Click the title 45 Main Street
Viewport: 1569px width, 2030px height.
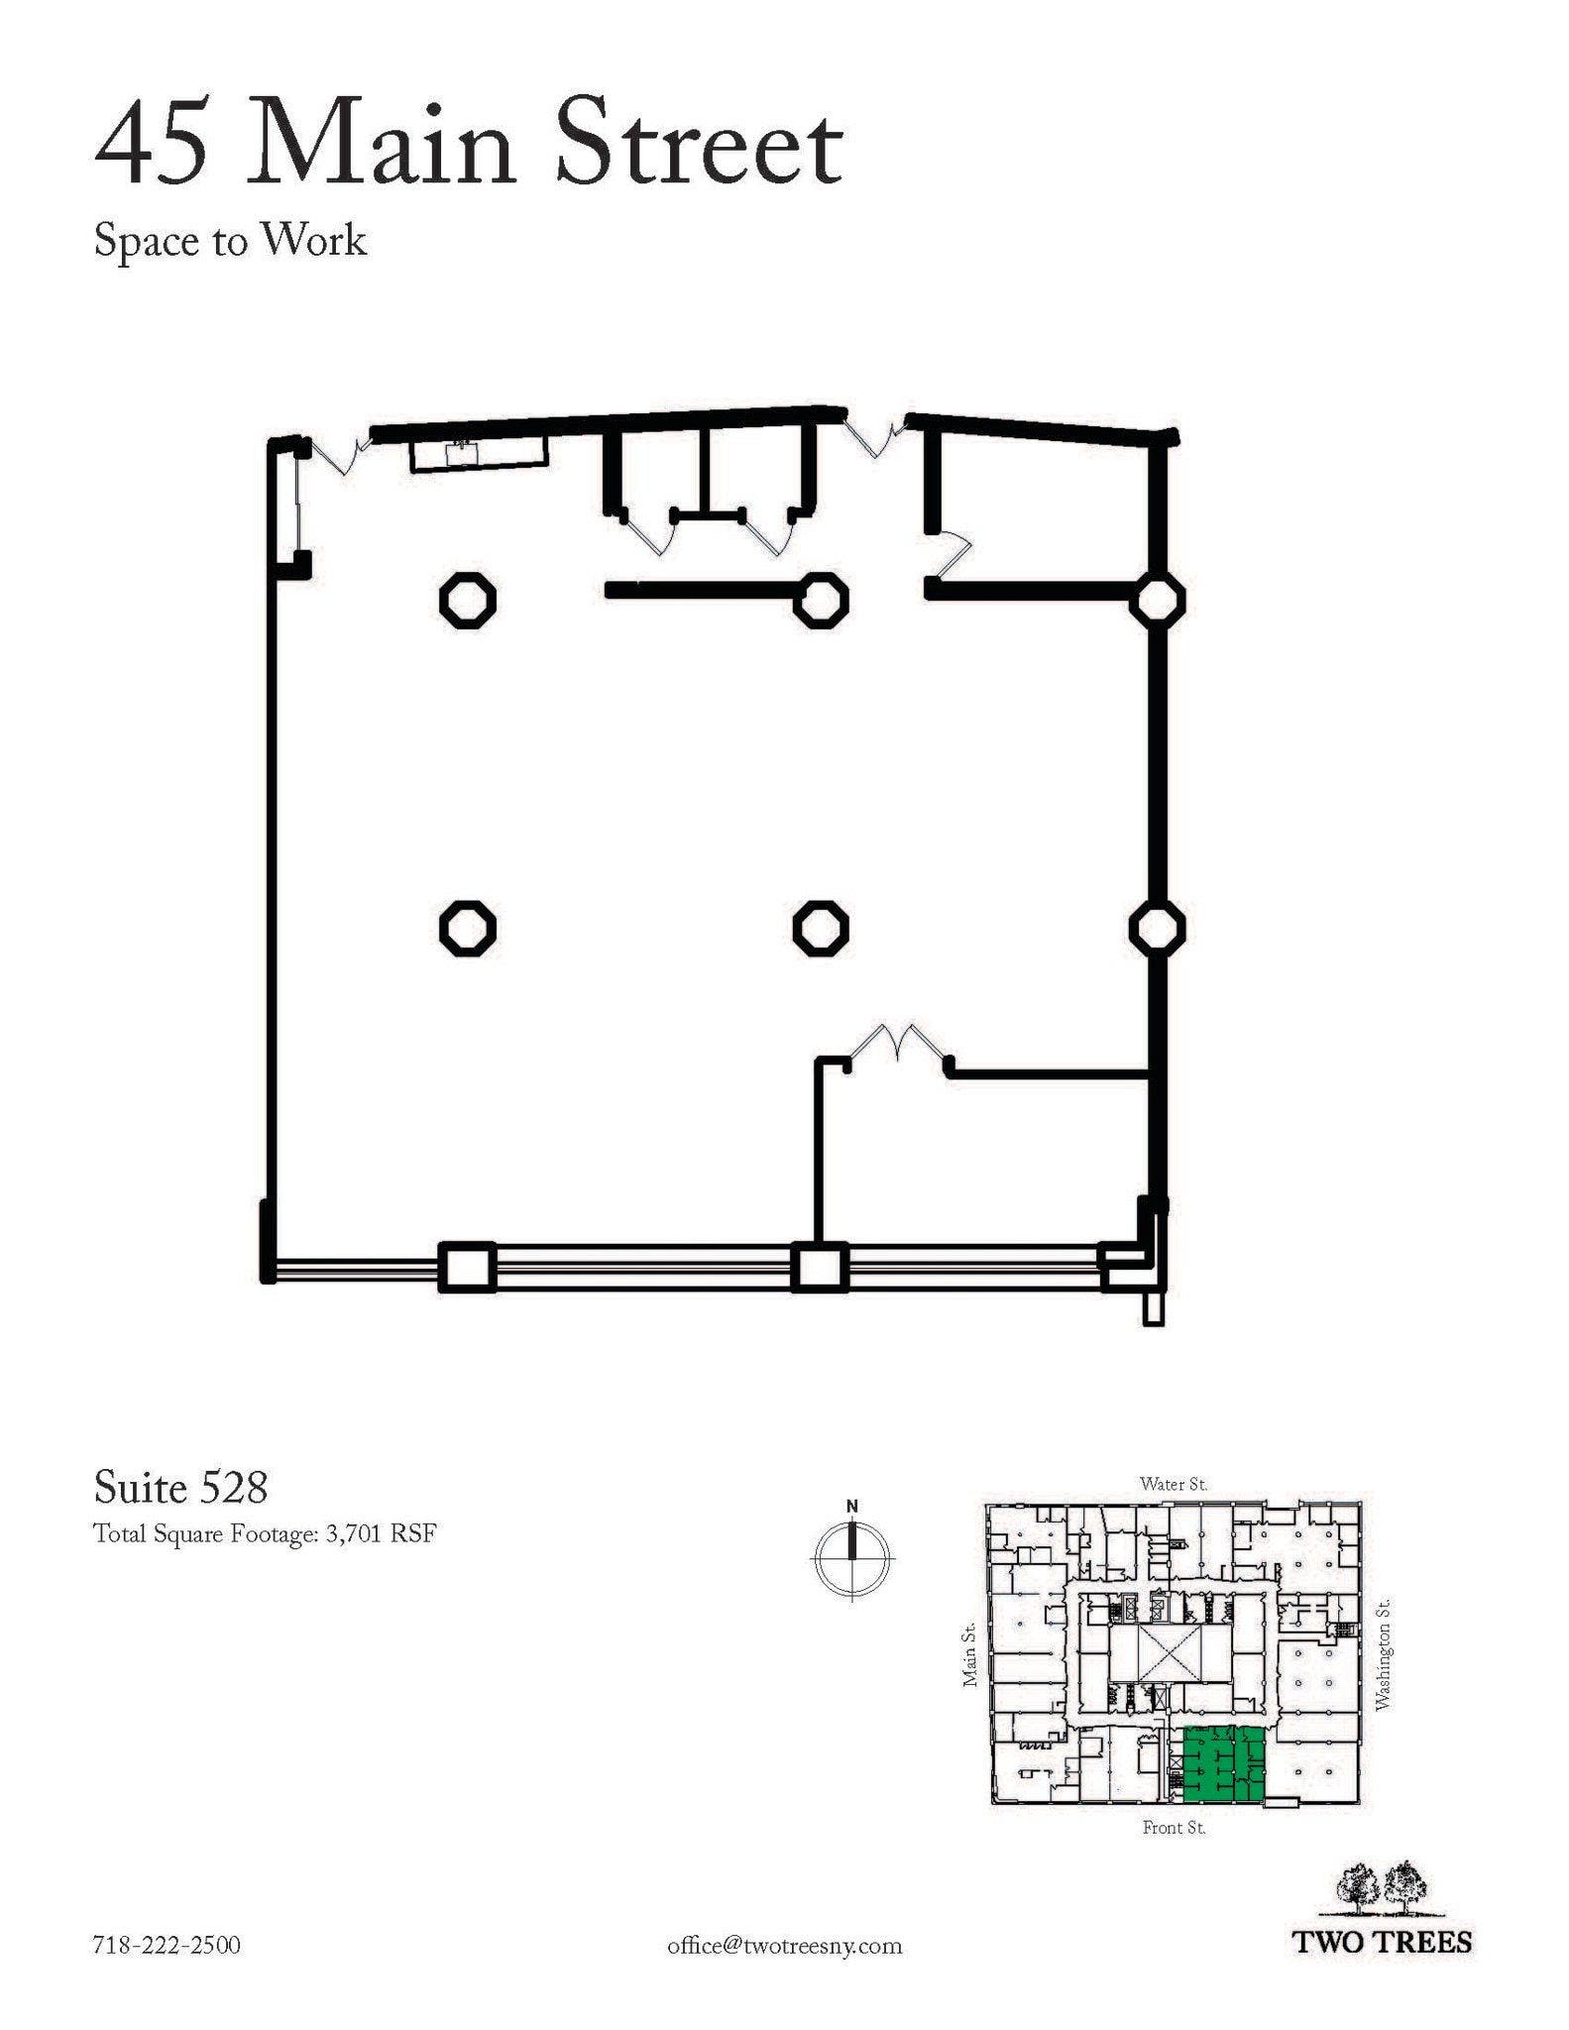pos(468,144)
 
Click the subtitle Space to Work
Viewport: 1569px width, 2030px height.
pos(230,241)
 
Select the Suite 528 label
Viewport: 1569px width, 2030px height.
pos(180,1487)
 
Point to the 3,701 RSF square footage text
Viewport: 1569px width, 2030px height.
pos(381,1534)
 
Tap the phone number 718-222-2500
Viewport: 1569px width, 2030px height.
pos(167,1945)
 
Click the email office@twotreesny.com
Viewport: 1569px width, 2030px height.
pos(784,1946)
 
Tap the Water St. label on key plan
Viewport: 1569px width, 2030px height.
pos(1173,1484)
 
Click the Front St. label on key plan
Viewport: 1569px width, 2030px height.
pos(1174,1827)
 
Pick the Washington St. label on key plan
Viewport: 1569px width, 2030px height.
pos(1383,1653)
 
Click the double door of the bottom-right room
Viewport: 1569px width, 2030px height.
pos(898,1048)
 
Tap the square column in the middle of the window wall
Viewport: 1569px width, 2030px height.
pos(819,1268)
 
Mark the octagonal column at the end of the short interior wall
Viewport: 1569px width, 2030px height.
pos(820,601)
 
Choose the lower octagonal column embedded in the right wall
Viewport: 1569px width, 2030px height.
pos(1157,929)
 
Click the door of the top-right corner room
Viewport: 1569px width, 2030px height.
pos(953,555)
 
